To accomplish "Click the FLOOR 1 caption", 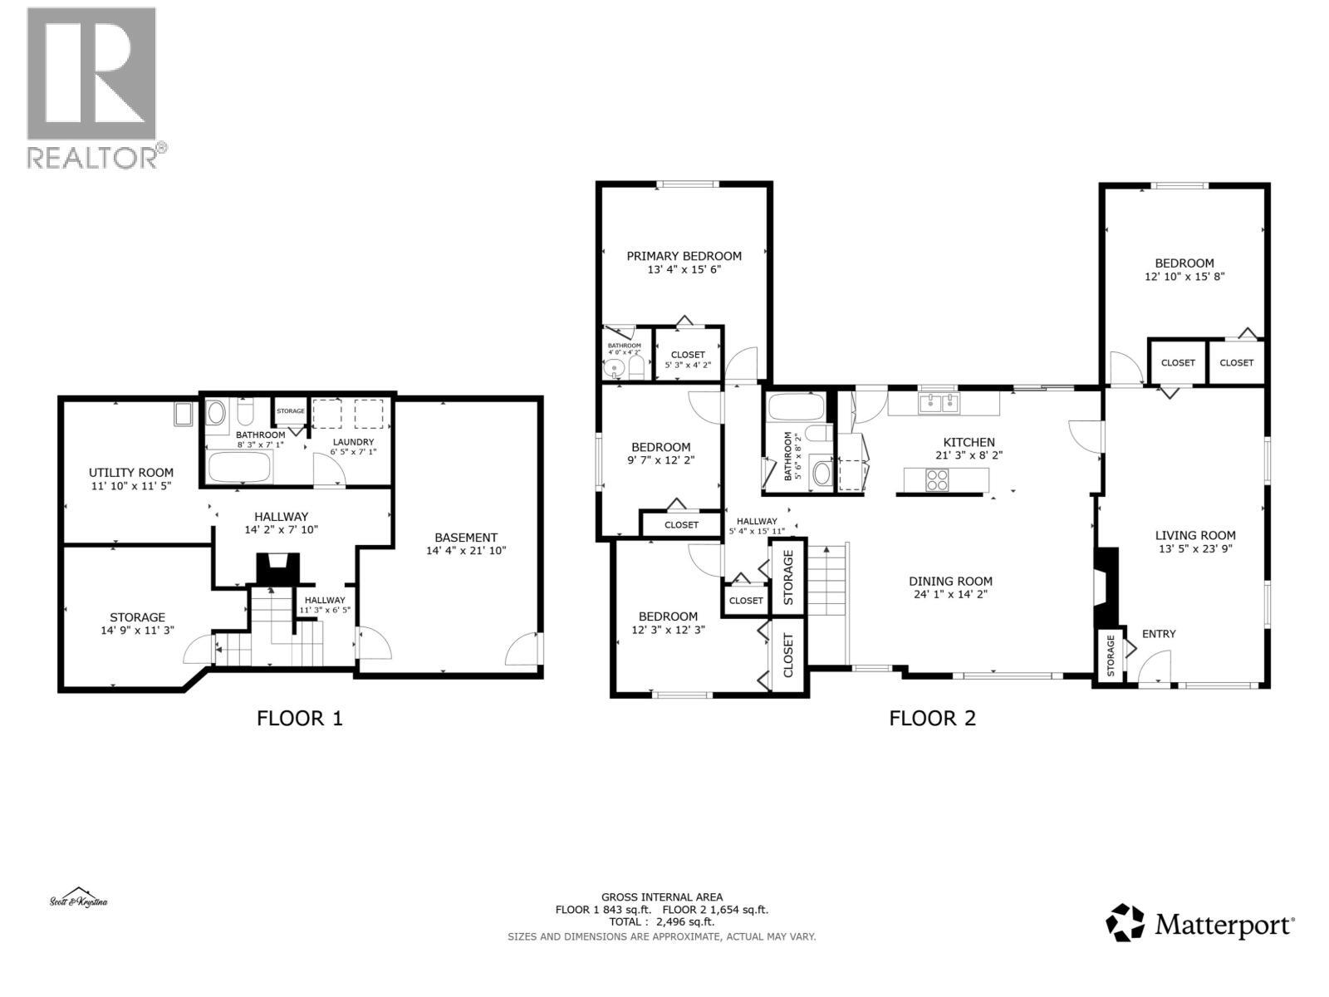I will [299, 718].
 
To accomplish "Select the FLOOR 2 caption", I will [932, 718].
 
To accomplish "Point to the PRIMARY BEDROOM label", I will [684, 256].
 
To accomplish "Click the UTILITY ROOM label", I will [131, 472].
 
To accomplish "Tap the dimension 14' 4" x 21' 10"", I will [466, 551].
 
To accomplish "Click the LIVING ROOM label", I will [1195, 535].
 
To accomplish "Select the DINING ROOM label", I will [950, 581].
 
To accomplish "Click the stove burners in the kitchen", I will [937, 480].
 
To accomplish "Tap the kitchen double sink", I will [939, 404].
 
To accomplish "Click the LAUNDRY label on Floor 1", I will [353, 442].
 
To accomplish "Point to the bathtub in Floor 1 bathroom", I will [239, 468].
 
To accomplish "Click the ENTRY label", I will [1159, 634].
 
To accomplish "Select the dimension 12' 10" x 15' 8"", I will [1184, 277].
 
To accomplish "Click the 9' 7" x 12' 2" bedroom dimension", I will [660, 459].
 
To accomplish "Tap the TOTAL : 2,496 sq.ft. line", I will [662, 921].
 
